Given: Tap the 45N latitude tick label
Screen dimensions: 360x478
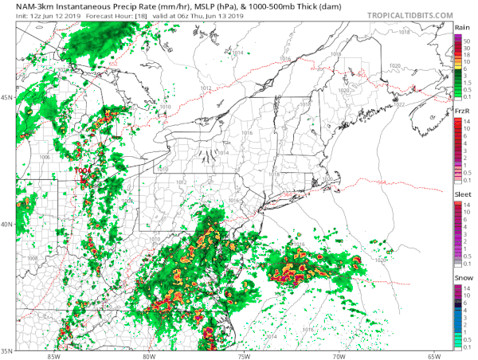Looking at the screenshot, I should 7,98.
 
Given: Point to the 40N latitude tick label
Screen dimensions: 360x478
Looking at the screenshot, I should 7,224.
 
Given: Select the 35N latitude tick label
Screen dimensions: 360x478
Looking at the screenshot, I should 7,350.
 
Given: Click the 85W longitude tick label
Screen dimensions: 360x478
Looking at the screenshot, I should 53,355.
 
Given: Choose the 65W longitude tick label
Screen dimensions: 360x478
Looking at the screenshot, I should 433,355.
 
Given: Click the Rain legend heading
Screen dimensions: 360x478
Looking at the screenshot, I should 461,27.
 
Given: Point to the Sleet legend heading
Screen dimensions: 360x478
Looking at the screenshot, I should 461,194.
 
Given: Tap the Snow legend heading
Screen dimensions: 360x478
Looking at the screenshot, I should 461,277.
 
